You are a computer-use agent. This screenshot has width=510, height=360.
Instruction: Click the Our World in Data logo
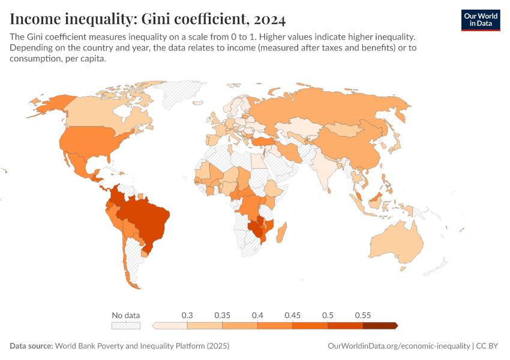click(480, 20)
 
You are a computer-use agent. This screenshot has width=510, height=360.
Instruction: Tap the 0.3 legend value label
click(187, 315)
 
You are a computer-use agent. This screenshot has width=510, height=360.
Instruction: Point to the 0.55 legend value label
click(362, 315)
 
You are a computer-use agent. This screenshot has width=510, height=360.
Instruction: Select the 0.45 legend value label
click(292, 315)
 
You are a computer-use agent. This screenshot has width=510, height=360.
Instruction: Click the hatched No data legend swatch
click(125, 326)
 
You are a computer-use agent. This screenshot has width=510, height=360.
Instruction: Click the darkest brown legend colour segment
click(379, 326)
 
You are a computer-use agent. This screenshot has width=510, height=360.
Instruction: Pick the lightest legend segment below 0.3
click(171, 326)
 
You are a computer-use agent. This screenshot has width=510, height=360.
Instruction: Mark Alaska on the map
click(48, 105)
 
